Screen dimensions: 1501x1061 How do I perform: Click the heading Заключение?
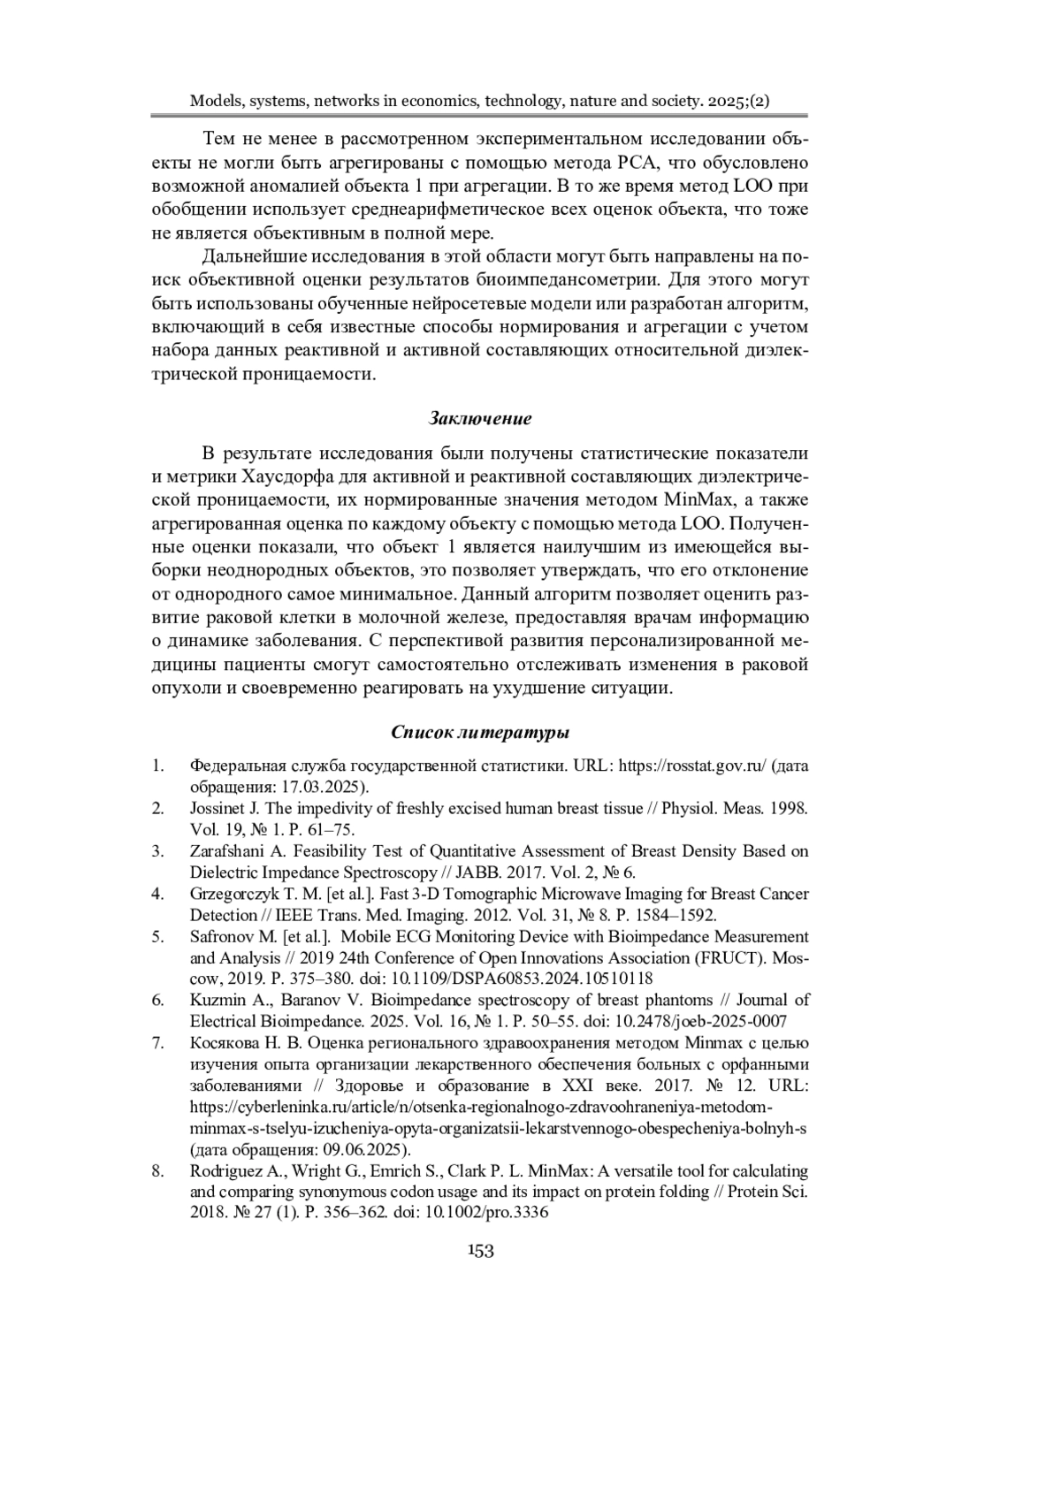[x=480, y=417]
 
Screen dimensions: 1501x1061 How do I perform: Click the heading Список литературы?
[x=480, y=732]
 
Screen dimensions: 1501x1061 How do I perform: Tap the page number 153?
[x=480, y=1250]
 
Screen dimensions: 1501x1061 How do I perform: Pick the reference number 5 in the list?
[x=157, y=936]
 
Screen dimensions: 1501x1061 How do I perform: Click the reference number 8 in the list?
[x=157, y=1170]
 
